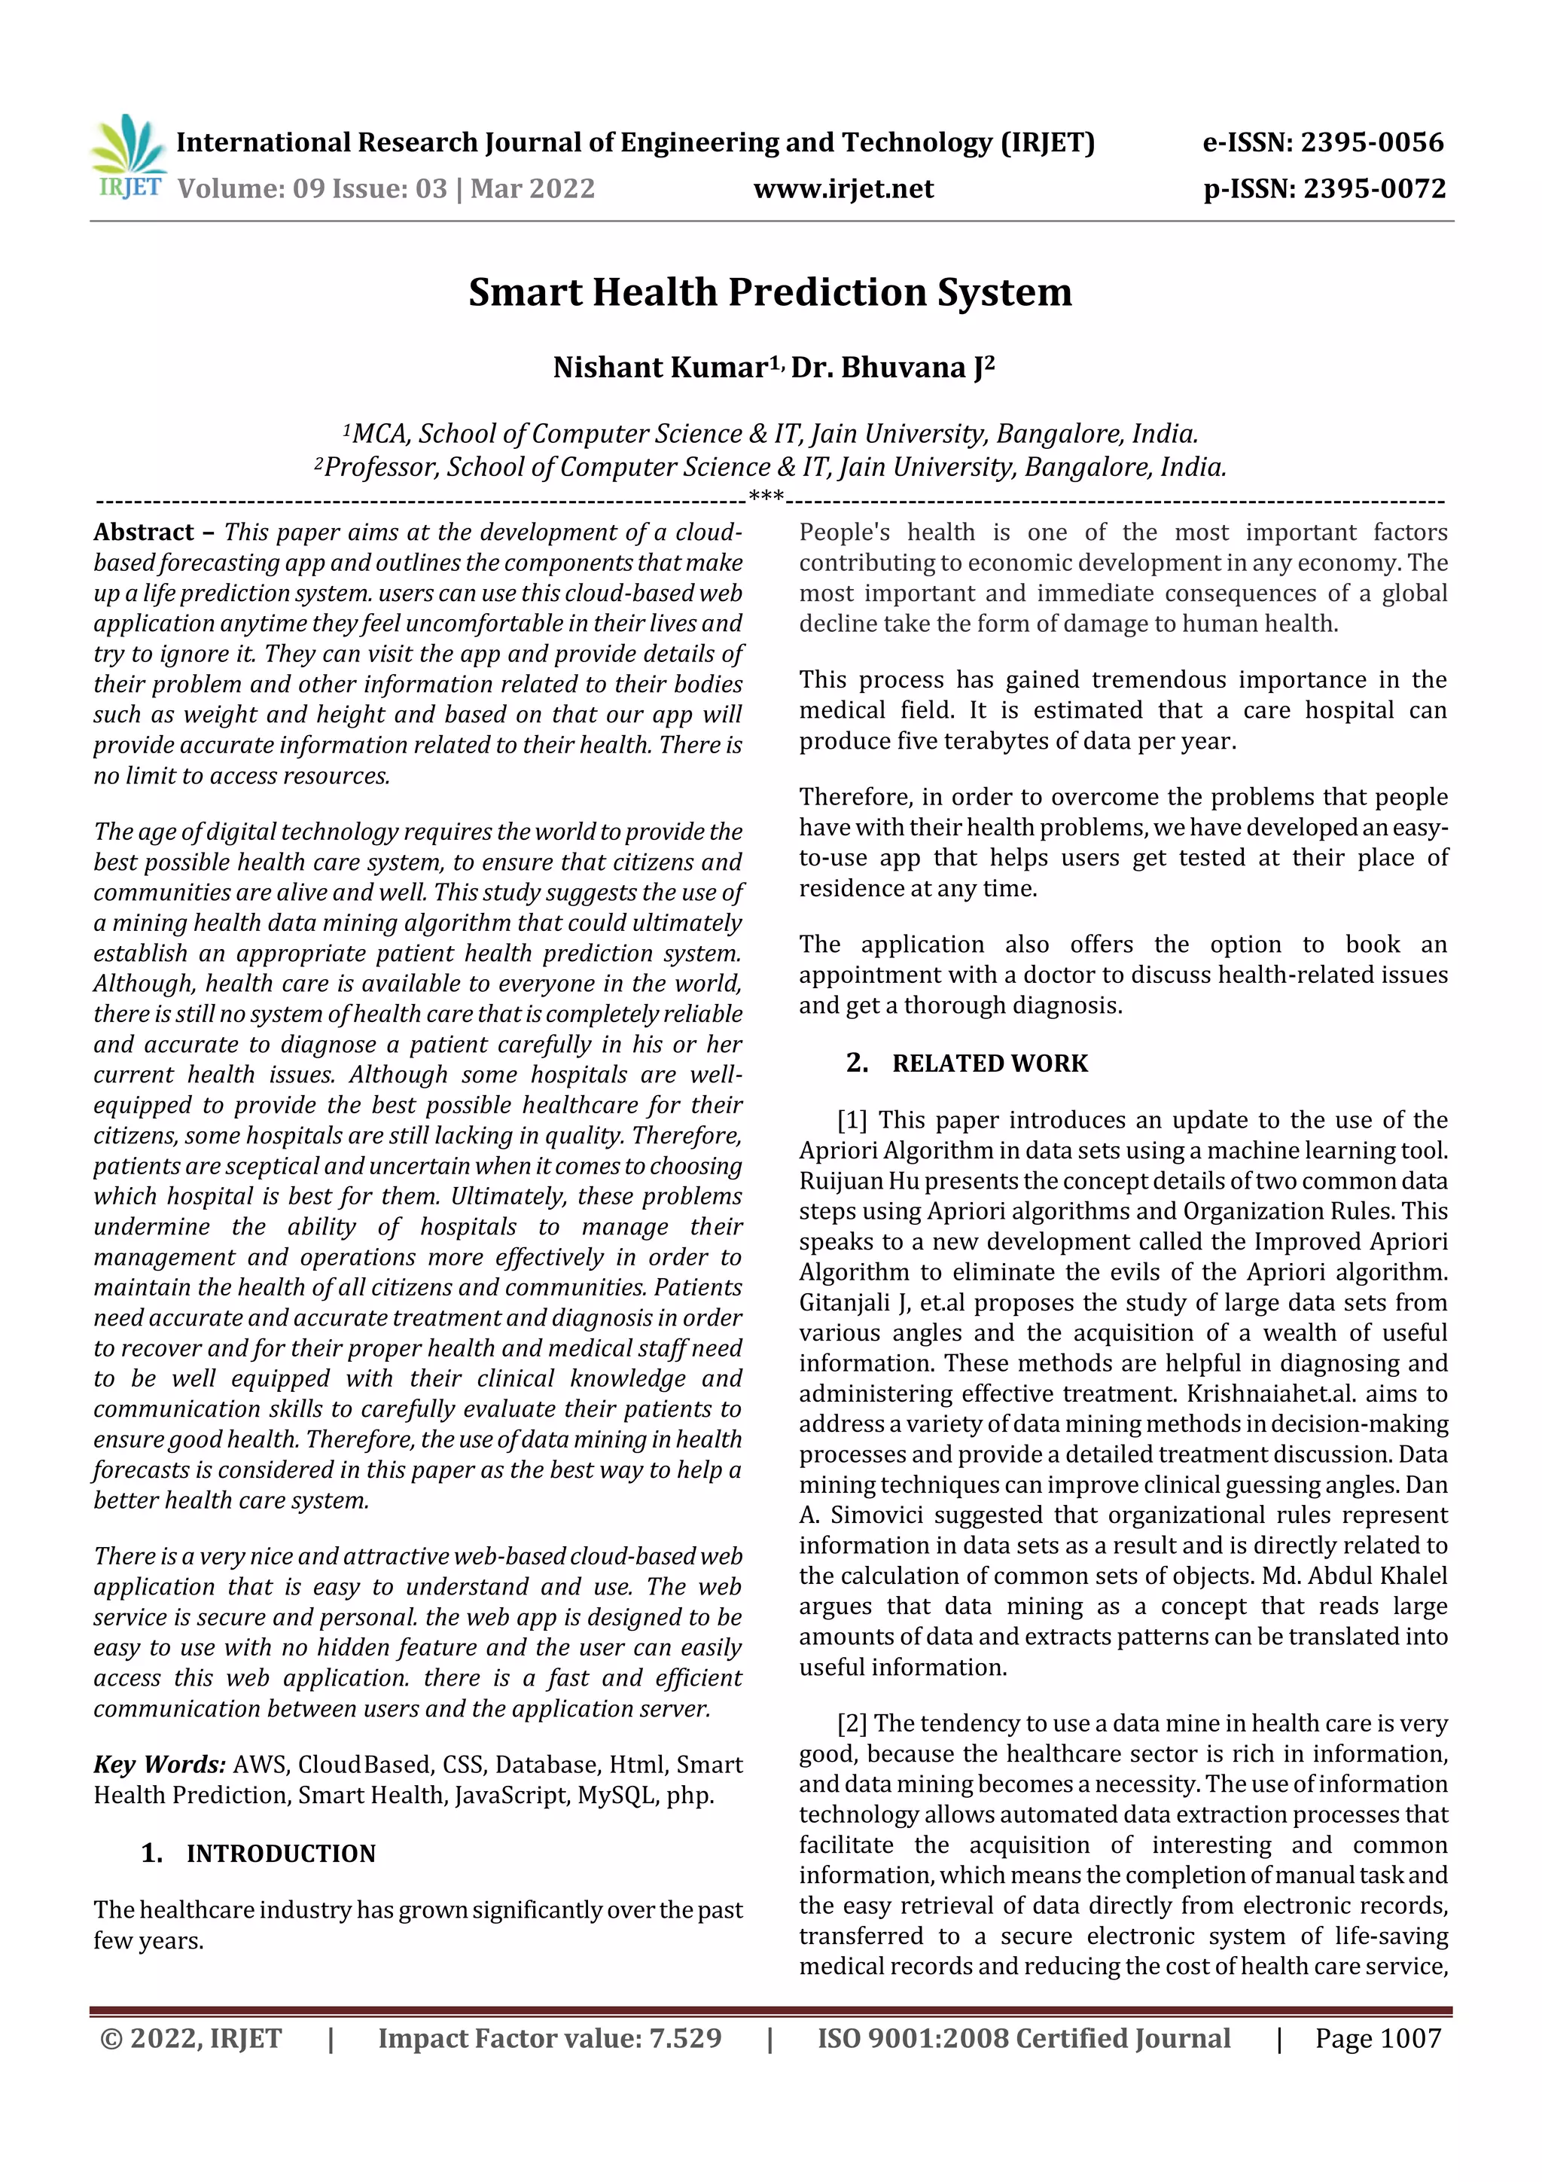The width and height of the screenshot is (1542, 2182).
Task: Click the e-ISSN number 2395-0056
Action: (1371, 142)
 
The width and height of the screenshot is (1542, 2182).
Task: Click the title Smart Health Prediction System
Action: (769, 291)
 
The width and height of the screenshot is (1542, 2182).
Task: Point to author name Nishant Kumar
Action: (660, 367)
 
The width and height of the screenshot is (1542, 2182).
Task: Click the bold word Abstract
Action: (144, 533)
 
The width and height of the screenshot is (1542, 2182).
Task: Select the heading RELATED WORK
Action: (989, 1063)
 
